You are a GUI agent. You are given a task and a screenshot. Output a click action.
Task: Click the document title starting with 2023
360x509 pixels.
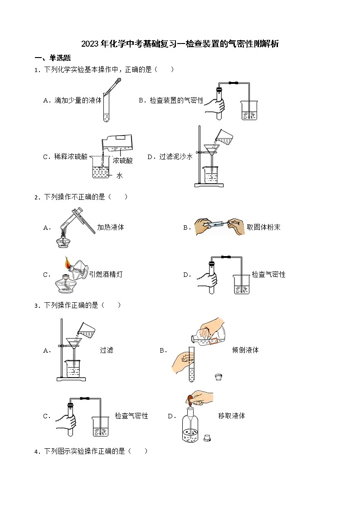180,44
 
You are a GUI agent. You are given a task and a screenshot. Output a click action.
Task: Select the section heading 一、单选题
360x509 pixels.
53,58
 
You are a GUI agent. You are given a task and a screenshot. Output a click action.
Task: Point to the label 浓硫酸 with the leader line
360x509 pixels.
123,160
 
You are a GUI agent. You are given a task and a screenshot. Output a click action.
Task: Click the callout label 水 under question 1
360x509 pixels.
120,175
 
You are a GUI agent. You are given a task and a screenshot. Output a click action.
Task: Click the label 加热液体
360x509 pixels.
111,227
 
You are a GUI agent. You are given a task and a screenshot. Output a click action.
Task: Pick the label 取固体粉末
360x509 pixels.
263,227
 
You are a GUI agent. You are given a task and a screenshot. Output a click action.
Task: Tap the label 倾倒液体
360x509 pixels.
245,350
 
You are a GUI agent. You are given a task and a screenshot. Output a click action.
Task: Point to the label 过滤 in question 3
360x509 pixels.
107,350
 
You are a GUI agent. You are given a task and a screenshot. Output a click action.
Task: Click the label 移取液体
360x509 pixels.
231,416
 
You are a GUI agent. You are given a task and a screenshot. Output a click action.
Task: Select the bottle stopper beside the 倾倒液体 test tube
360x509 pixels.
218,377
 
